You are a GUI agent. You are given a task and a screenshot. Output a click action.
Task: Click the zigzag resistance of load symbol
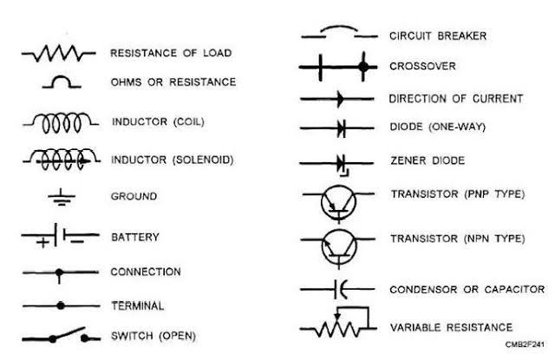click(60, 55)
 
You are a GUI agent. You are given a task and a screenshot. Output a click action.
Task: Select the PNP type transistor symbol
click(338, 201)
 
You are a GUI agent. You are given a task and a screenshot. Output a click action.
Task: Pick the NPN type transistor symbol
click(338, 246)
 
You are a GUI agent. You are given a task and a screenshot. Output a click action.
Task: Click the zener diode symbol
click(341, 162)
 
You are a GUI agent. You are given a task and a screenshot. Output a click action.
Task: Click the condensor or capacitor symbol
click(339, 289)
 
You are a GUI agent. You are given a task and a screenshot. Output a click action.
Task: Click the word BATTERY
click(134, 236)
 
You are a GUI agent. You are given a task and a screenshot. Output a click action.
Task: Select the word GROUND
click(134, 197)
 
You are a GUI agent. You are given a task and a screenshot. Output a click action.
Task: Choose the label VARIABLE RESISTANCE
click(450, 327)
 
